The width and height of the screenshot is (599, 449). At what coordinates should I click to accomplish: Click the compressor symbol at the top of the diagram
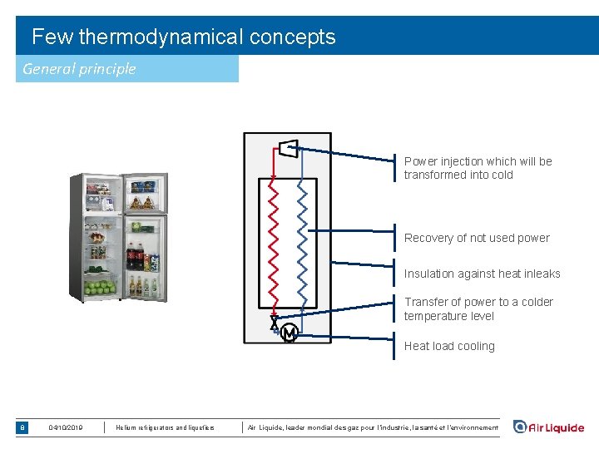[x=287, y=148]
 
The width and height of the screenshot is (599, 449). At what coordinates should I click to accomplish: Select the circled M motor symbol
[x=289, y=333]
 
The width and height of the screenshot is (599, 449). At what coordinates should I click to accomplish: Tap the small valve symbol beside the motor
[x=275, y=323]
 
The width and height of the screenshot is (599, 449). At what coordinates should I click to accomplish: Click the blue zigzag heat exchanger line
[x=303, y=245]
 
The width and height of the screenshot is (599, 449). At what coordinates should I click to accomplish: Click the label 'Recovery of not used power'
[x=477, y=238]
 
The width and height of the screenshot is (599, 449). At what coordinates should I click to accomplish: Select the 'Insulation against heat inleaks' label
[x=482, y=274]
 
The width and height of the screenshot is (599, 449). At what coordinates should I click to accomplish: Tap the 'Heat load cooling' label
[x=449, y=346]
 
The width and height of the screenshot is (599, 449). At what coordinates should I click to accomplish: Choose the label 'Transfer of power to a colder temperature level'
[x=478, y=308]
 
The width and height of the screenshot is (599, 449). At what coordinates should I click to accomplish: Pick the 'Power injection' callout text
[x=478, y=168]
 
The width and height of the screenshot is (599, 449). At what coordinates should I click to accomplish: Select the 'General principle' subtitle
[x=79, y=68]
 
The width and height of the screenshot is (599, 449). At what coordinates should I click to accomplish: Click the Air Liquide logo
[x=548, y=427]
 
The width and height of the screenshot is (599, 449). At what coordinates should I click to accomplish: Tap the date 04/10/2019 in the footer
[x=66, y=427]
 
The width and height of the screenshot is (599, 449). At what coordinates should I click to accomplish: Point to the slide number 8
[x=22, y=427]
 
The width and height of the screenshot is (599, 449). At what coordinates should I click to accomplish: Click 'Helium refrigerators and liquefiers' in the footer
[x=165, y=427]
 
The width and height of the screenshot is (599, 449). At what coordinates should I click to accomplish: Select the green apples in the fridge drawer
[x=100, y=288]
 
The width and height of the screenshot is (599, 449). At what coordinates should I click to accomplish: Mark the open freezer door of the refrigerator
[x=144, y=193]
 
